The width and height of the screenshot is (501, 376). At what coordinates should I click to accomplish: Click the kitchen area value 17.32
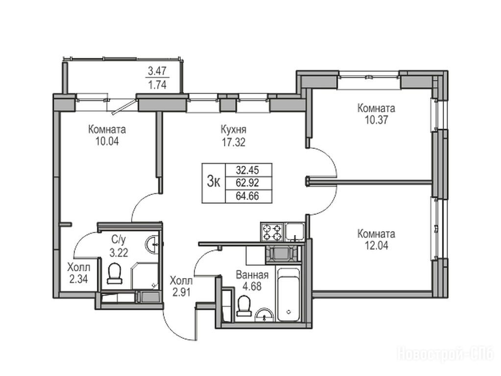(x=234, y=142)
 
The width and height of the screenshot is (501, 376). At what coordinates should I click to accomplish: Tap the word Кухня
(x=234, y=130)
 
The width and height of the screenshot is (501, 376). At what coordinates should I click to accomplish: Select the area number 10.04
(x=107, y=141)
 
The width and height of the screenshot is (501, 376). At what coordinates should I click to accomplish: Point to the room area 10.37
(x=376, y=120)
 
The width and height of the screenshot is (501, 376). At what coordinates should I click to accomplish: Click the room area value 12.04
(x=376, y=246)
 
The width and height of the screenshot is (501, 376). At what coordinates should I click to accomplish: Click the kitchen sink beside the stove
(x=295, y=232)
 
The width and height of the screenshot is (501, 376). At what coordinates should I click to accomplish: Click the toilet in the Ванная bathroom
(x=244, y=305)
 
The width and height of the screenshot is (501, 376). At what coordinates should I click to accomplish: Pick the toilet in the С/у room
(x=115, y=273)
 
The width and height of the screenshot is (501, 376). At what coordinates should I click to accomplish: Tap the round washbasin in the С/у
(x=152, y=245)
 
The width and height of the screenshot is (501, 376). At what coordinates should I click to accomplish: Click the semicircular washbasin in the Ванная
(x=264, y=315)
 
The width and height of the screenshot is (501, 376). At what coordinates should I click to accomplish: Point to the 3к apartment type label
(x=214, y=183)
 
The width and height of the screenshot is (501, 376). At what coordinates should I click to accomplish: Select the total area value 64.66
(x=247, y=196)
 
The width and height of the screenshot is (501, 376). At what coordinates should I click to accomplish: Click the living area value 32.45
(x=247, y=169)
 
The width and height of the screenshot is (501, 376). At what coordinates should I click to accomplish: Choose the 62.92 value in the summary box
(x=247, y=183)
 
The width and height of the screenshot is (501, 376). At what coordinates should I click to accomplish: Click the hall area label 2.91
(x=181, y=293)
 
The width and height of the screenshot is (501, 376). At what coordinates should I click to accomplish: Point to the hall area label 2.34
(x=78, y=279)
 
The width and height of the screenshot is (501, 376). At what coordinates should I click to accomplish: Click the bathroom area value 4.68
(x=252, y=286)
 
